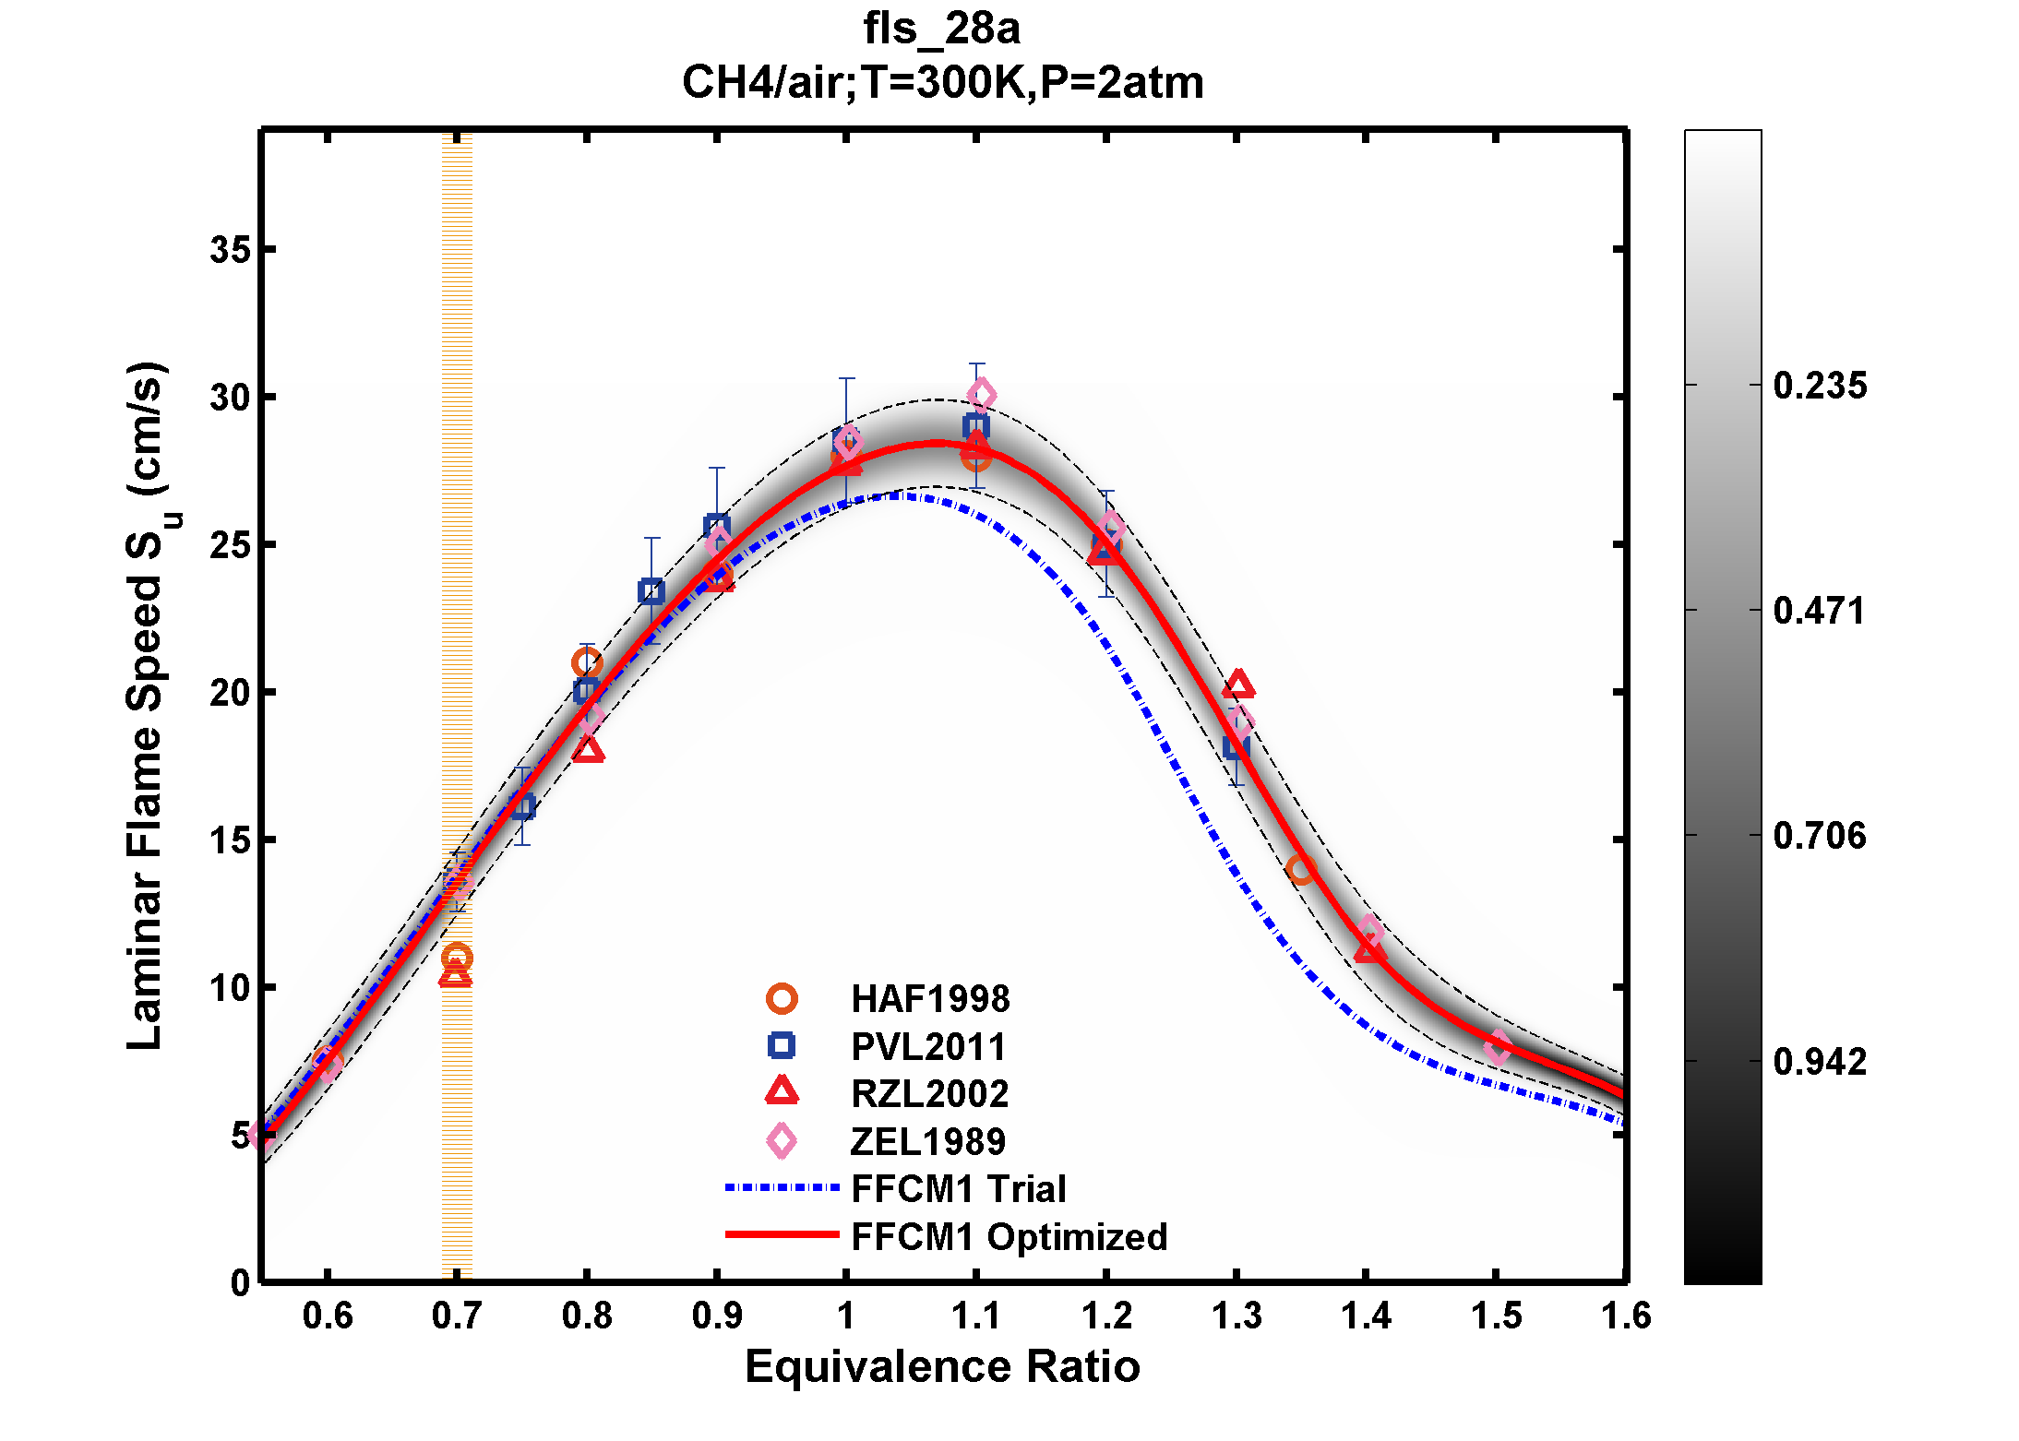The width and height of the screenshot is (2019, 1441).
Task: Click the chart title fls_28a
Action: (x=941, y=29)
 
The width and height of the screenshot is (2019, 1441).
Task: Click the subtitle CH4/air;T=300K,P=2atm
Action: (x=941, y=83)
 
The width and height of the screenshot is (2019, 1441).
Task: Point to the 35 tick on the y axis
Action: (x=230, y=249)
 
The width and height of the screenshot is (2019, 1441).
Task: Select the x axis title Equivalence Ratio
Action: (x=941, y=1366)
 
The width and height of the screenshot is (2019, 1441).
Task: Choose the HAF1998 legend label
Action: (x=929, y=999)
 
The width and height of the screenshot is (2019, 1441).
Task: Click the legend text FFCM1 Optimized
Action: (x=1009, y=1237)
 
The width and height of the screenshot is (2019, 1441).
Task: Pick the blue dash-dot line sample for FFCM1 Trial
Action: (x=782, y=1188)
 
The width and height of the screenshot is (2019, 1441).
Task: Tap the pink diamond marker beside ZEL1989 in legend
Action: (x=782, y=1141)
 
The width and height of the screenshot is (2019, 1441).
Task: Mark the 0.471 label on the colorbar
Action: (x=1819, y=611)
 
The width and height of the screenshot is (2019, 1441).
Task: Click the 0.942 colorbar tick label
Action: (x=1819, y=1062)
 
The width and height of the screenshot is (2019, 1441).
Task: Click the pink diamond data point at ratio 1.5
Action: (x=1497, y=1048)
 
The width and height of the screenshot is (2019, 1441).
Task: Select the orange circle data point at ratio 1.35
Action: (x=1301, y=869)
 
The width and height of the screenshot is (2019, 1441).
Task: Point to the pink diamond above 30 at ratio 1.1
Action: (x=981, y=396)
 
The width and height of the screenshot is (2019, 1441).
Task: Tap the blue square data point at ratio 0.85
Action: (x=651, y=591)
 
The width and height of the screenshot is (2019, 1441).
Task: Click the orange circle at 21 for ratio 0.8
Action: (x=587, y=662)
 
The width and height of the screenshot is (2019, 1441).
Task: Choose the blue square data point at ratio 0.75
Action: (x=522, y=807)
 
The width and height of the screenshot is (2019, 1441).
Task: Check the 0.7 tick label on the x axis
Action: (x=457, y=1316)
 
